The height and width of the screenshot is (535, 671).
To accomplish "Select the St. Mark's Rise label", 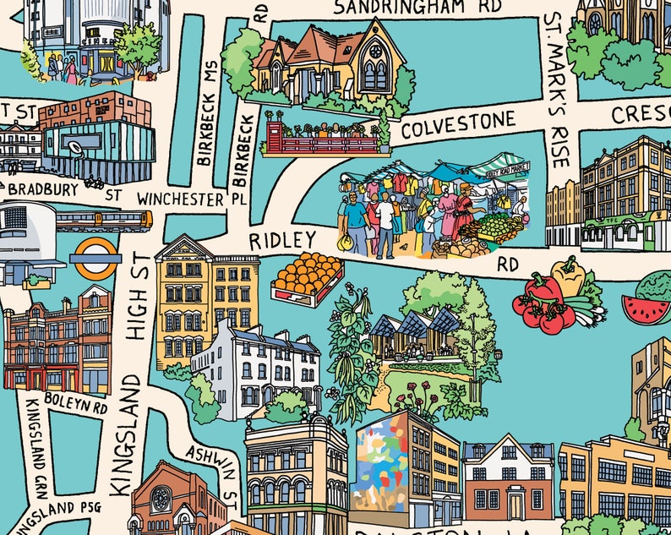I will (x=558, y=89).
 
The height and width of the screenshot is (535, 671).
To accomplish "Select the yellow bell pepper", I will (x=570, y=276).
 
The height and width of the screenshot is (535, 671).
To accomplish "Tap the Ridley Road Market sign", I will (x=507, y=169).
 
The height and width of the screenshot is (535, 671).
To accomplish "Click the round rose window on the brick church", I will (x=160, y=500).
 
